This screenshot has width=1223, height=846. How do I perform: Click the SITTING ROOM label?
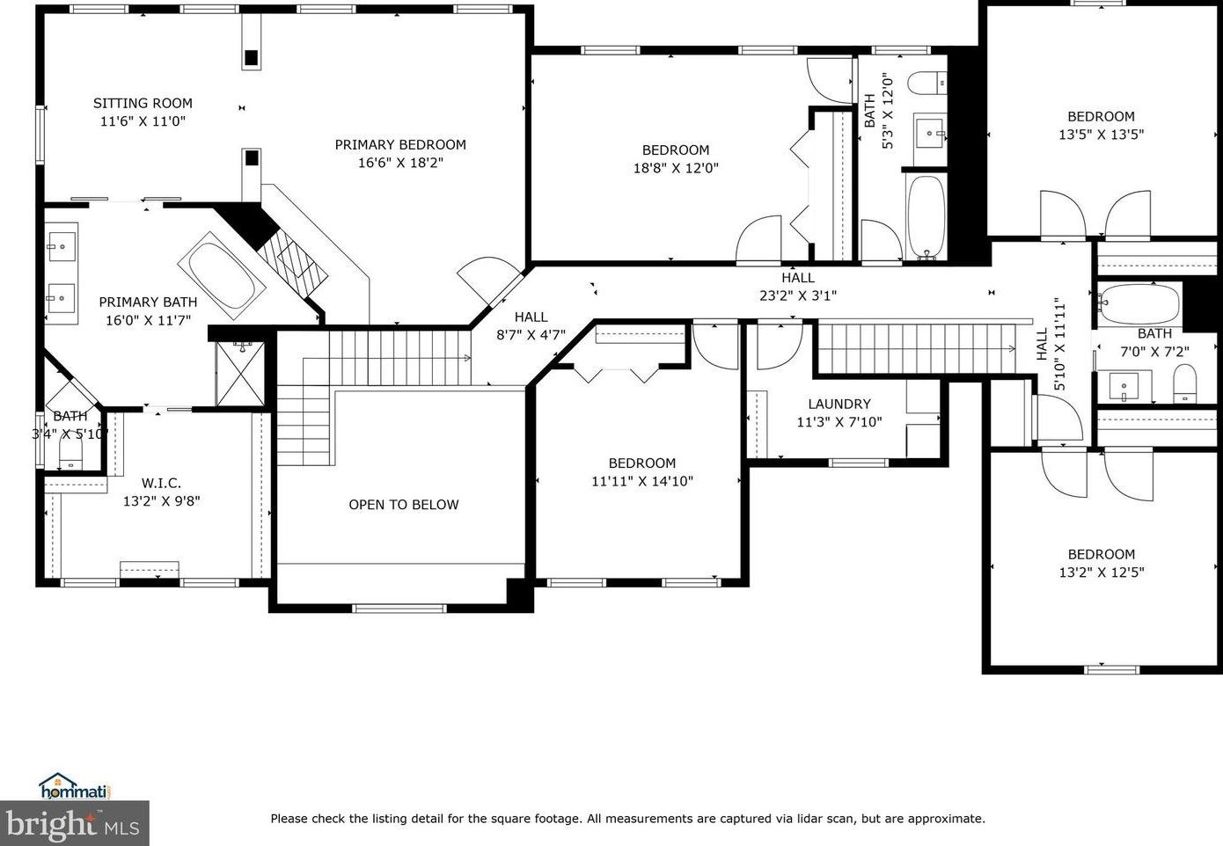click(143, 103)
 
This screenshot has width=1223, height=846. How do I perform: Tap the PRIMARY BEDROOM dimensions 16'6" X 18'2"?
click(400, 163)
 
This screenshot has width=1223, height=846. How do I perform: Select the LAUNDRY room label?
click(839, 404)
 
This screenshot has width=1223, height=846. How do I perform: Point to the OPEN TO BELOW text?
click(404, 505)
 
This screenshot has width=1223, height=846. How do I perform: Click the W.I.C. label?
click(161, 483)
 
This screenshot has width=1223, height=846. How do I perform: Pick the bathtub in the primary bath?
click(222, 275)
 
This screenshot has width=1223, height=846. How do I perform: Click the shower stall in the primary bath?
click(240, 374)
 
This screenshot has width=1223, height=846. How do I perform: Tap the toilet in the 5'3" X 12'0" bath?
click(927, 84)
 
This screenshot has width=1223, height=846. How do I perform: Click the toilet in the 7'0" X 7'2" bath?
click(1185, 383)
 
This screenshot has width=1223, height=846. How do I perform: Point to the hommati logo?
click(74, 786)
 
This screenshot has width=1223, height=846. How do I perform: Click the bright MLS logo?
click(74, 824)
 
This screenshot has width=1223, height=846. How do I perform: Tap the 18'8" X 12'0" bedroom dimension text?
click(676, 168)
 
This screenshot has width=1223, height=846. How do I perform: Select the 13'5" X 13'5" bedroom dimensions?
click(1101, 135)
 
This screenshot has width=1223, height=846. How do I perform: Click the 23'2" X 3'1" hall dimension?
click(798, 295)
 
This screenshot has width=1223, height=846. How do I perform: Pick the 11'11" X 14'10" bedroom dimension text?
click(642, 481)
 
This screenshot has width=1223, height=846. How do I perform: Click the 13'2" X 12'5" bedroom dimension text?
click(1102, 572)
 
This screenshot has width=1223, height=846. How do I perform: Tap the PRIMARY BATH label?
click(148, 302)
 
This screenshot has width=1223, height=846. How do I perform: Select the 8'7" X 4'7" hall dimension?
click(531, 334)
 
